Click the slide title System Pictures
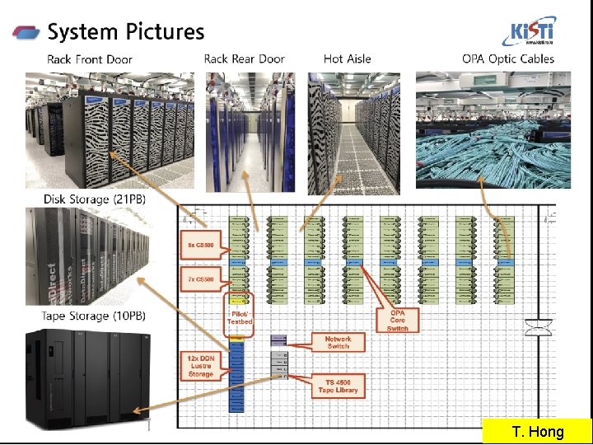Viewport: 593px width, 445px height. pos(126,32)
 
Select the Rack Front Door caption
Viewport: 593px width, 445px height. pos(90,59)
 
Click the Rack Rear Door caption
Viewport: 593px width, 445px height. pos(245,59)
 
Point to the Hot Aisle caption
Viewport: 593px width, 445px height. pos(347,59)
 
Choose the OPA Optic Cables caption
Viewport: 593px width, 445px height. pos(508,59)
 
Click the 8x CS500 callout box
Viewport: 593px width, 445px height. pos(202,244)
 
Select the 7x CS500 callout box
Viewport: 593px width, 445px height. pos(202,279)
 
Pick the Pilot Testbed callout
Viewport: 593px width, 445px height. pos(240,316)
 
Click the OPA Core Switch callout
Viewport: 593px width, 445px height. pos(397,321)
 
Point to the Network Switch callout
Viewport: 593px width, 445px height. pos(338,342)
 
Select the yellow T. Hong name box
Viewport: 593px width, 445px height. pos(536,432)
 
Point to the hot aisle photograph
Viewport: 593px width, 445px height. pos(353,133)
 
